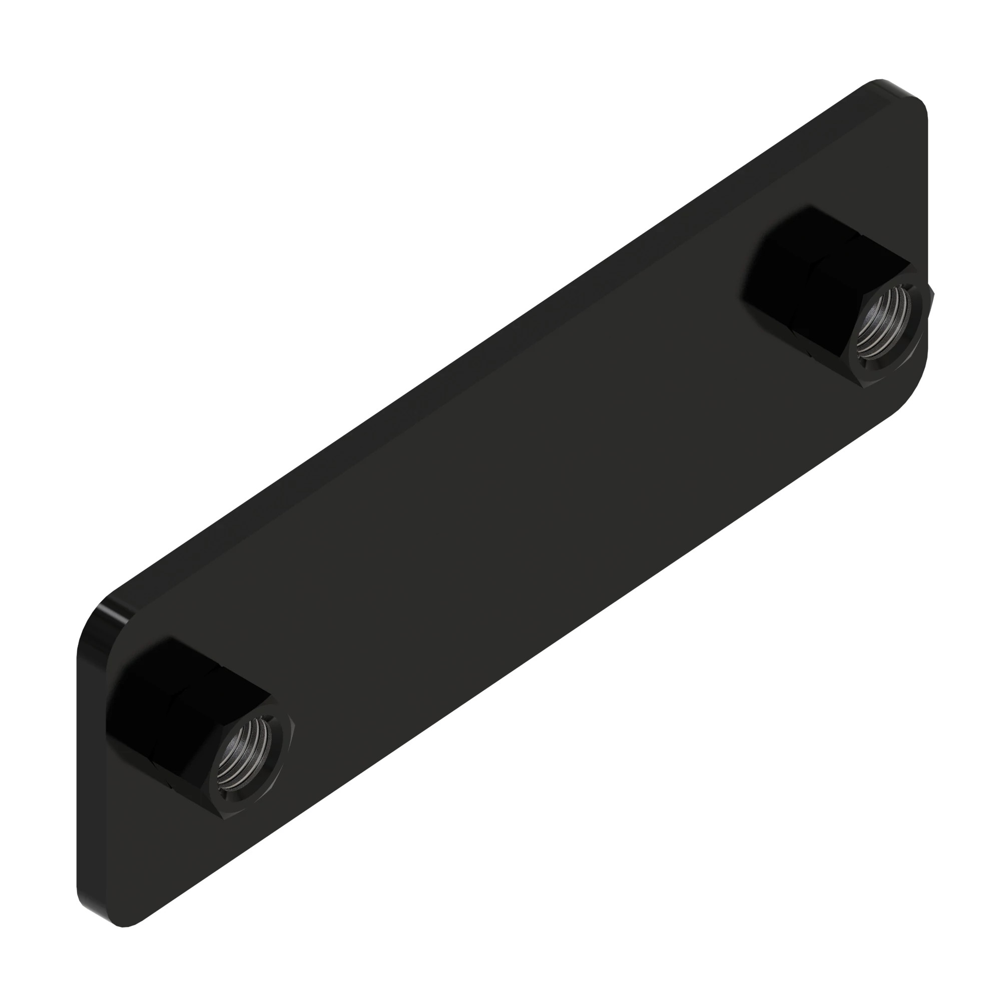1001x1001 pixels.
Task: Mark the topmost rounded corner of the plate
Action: click(x=881, y=83)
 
